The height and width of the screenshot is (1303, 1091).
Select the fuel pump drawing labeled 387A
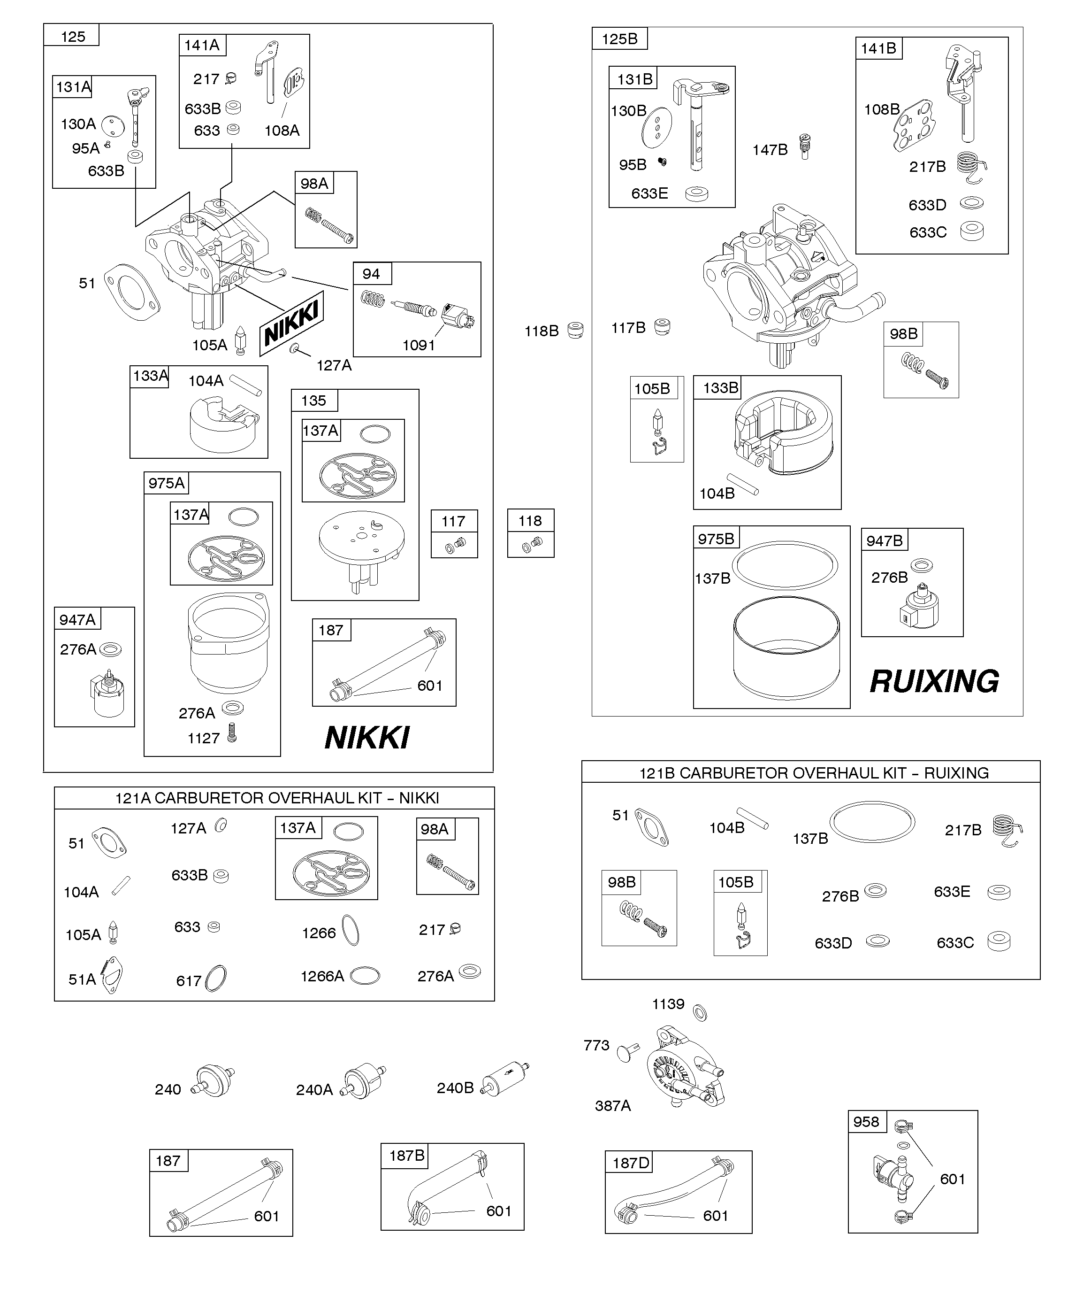coord(684,1070)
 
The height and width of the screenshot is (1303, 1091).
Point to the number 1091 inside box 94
coord(419,345)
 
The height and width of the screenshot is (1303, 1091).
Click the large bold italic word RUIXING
coord(934,681)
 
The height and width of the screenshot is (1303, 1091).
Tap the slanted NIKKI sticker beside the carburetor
coord(291,323)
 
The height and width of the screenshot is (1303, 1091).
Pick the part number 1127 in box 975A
coord(204,738)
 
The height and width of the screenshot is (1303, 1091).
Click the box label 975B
coord(716,539)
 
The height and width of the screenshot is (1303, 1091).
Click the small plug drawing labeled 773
coord(627,1052)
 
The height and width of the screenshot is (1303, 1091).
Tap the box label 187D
coord(631,1163)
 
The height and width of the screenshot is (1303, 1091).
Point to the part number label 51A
coord(82,979)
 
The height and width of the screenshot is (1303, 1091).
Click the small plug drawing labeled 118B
coord(576,330)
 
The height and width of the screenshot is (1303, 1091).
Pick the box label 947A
coord(77,619)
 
